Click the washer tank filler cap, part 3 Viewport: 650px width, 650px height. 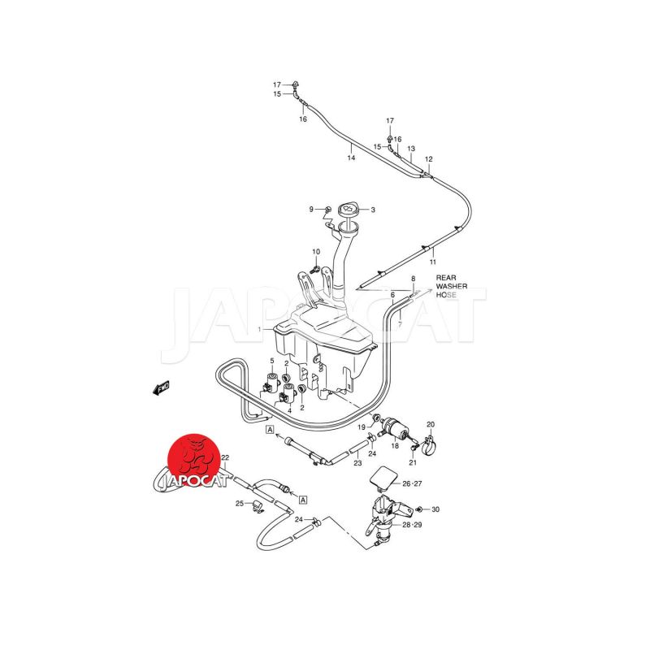click(348, 209)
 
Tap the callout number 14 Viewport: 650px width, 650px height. click(351, 158)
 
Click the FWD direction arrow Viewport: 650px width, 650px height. click(161, 388)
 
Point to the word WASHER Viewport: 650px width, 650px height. click(452, 287)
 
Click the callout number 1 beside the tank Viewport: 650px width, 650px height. click(259, 330)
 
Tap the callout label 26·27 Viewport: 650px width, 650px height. click(412, 483)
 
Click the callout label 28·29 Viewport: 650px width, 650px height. click(412, 525)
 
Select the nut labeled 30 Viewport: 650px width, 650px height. click(419, 509)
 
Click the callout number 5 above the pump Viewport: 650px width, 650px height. click(272, 361)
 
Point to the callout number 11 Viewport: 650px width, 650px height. click(433, 262)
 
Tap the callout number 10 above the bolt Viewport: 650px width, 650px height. click(316, 252)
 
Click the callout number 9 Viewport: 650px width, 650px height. click(311, 210)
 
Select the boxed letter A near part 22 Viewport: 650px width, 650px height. click(303, 500)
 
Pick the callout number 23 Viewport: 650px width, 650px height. click(357, 463)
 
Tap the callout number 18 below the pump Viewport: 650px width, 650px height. click(395, 446)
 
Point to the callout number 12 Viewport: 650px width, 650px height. click(429, 158)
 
